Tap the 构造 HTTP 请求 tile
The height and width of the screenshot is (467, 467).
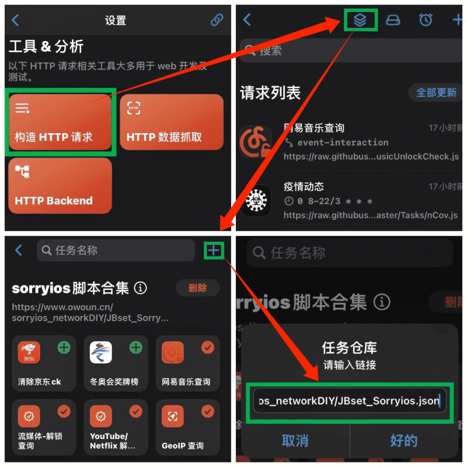60,122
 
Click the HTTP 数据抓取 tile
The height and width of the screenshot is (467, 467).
171,122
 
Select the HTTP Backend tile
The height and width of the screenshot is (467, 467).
60,186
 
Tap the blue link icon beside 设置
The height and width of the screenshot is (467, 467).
217,20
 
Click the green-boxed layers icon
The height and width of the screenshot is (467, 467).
360,20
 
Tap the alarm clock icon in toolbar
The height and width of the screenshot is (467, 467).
425,20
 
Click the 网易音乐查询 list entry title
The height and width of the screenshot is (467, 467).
314,128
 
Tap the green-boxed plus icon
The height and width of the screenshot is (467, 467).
213,250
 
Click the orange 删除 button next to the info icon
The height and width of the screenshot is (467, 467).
197,288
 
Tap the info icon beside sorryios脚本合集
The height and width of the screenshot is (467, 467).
140,288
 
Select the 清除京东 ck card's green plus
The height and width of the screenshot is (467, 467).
64,348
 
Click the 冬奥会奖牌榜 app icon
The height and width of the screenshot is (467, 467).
101,353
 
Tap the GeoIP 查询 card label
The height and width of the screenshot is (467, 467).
182,446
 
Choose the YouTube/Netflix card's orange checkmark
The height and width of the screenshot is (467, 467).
136,412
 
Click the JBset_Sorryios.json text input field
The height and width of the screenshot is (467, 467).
349,401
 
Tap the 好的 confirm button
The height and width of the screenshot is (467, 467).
404,441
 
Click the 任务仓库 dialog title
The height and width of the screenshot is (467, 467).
349,348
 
